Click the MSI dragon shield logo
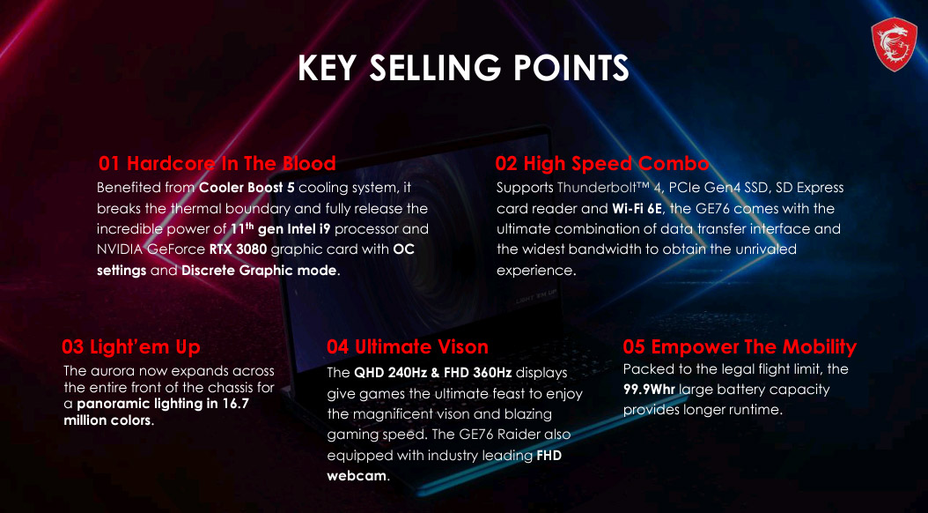[894, 44]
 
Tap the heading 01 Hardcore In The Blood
[217, 163]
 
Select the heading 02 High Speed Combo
[602, 163]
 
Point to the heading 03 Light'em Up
[131, 346]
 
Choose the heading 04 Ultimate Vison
[407, 346]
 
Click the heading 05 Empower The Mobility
[740, 346]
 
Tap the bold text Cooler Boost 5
[247, 188]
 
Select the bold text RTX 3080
[238, 249]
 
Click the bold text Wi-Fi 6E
[637, 209]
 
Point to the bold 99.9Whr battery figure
[649, 390]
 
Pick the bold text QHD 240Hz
[391, 373]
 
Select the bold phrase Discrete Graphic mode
[259, 271]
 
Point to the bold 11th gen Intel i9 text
[280, 228]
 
